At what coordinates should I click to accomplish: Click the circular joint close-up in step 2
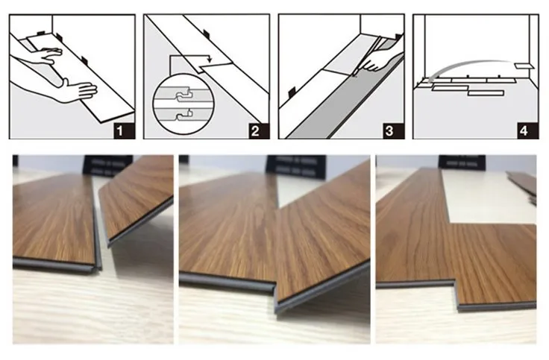coord(183,104)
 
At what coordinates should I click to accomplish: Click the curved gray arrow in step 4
coord(469,64)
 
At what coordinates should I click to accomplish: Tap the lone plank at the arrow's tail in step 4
coord(523,66)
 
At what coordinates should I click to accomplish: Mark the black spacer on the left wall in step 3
coord(292,92)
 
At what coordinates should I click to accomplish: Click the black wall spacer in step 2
coord(207,34)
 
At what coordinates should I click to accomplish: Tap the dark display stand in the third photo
coord(462,162)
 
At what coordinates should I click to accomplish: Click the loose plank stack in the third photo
coord(521,186)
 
